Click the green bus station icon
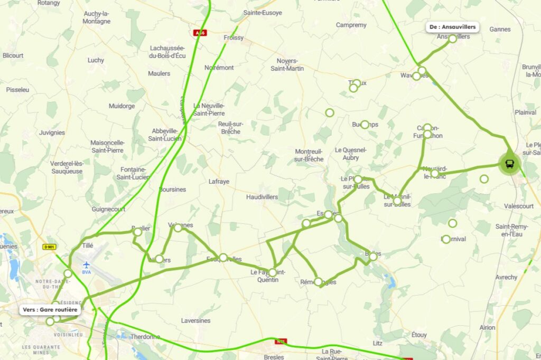coord(509,164)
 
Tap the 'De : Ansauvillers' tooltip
coord(453,26)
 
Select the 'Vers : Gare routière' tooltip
coord(50,309)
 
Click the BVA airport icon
coord(86,264)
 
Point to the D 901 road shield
coord(49,247)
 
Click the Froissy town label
coord(234,38)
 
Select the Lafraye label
coord(219,182)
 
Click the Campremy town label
coord(351,25)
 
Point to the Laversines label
coord(195,320)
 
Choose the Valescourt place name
coord(519,206)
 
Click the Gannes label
coord(500,29)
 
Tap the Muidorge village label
coord(122,106)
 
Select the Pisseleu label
coord(17,90)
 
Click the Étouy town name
coord(419,335)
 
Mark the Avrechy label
coord(507,277)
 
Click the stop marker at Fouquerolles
coord(223,258)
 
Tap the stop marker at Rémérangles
coord(319,281)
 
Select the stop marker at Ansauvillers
coord(453,39)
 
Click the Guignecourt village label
coord(108,209)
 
